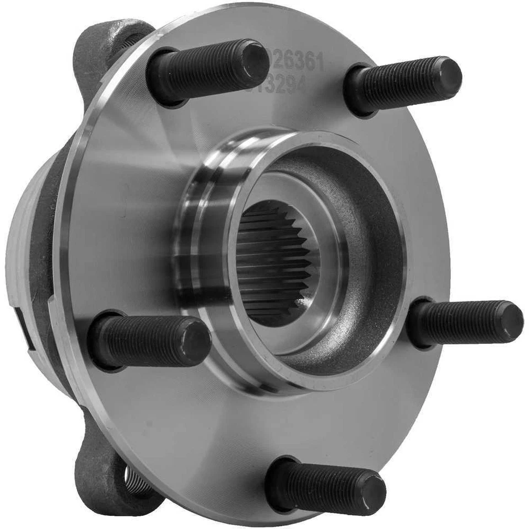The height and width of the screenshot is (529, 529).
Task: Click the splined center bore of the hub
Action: (273, 263)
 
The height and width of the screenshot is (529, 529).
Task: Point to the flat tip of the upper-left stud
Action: (254, 62)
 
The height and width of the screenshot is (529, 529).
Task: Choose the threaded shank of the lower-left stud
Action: (143, 342)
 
